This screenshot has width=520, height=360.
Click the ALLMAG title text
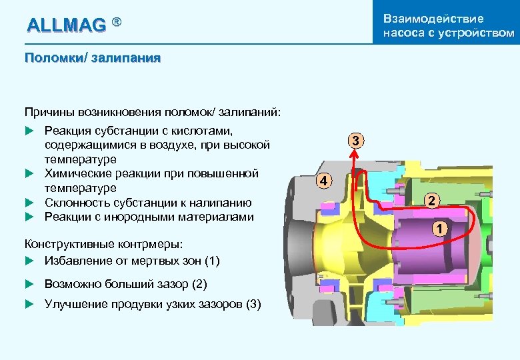[66, 25]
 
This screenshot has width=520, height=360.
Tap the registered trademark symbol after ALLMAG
[117, 23]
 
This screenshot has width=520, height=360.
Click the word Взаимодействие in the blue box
[433, 18]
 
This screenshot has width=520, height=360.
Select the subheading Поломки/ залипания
[92, 57]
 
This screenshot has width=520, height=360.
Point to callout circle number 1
[439, 230]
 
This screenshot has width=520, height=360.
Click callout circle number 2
[432, 201]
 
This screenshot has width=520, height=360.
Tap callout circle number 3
[357, 141]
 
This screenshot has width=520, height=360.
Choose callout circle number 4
[323, 181]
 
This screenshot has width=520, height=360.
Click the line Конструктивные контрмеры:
[103, 246]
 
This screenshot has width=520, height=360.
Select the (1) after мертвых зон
[211, 261]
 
